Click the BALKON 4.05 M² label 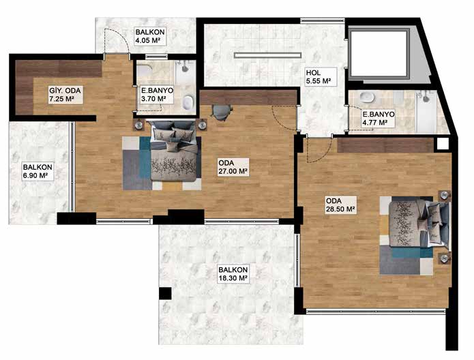(150, 36)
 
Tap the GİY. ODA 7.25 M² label (65, 94)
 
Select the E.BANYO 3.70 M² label (157, 94)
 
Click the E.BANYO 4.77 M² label (378, 118)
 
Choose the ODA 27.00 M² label (233, 167)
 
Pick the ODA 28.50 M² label (340, 205)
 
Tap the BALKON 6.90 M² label (38, 171)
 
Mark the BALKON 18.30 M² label (233, 274)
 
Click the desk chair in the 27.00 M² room (222, 112)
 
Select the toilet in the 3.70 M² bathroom (188, 102)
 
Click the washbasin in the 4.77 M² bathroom (367, 97)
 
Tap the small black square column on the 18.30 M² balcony (165, 293)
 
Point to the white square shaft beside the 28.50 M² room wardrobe (443, 144)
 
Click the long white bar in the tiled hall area (268, 55)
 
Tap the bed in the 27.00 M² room (174, 151)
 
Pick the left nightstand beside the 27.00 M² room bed (139, 125)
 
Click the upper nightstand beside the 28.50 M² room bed (445, 195)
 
